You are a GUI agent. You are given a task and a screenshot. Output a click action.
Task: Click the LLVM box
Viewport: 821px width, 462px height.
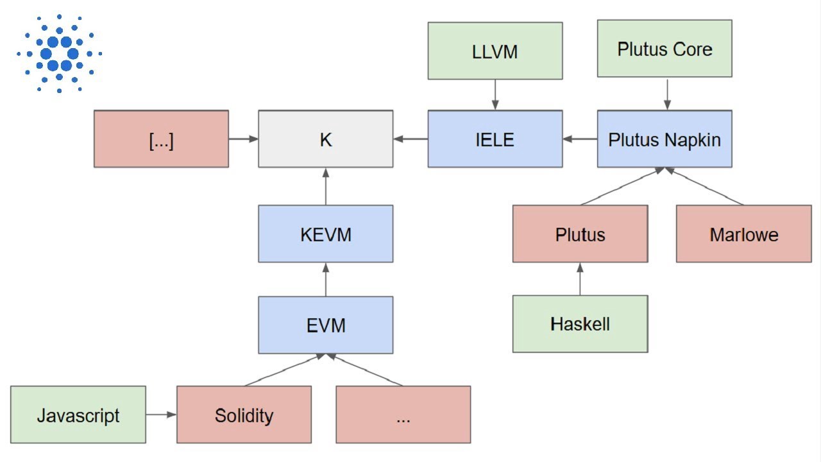[x=495, y=51]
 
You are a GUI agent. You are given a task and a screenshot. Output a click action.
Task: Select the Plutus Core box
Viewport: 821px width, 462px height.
[x=664, y=49]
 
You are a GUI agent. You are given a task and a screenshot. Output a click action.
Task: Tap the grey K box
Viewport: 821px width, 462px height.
[x=325, y=139]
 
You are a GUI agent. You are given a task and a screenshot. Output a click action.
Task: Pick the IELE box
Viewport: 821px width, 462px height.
[x=495, y=139]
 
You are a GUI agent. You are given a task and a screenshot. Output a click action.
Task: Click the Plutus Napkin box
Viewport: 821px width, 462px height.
[x=664, y=139]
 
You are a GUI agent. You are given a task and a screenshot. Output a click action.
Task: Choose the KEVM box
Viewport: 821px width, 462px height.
[x=325, y=234]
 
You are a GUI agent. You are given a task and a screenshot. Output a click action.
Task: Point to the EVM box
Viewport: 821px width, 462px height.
[x=325, y=325]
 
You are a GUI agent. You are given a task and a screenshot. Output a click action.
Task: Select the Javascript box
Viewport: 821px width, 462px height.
[x=78, y=415]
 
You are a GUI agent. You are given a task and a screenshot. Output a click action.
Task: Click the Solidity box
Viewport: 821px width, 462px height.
[x=244, y=415]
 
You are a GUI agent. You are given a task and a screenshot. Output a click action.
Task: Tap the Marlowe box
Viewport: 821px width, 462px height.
[x=743, y=234]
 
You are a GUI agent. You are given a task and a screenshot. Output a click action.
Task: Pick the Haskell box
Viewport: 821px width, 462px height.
[x=580, y=323]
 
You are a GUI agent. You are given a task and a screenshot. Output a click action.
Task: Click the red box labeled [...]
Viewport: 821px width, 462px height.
[x=161, y=139]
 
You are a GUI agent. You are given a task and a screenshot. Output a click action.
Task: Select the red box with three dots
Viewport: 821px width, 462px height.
[x=403, y=415]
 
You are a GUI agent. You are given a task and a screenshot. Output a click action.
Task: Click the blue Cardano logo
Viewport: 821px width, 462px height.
[x=59, y=53]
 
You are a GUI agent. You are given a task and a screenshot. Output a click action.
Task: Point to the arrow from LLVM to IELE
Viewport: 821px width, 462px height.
[x=495, y=94]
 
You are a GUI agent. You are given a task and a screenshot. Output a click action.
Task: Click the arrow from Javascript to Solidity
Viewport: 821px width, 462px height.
[x=161, y=415]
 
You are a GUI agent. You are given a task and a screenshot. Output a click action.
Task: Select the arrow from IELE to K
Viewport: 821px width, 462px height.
[x=410, y=139]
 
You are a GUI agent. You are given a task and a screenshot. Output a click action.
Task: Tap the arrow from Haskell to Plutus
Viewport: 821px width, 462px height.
[x=580, y=278]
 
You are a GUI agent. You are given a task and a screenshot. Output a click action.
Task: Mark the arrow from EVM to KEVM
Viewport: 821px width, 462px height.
[x=326, y=279]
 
